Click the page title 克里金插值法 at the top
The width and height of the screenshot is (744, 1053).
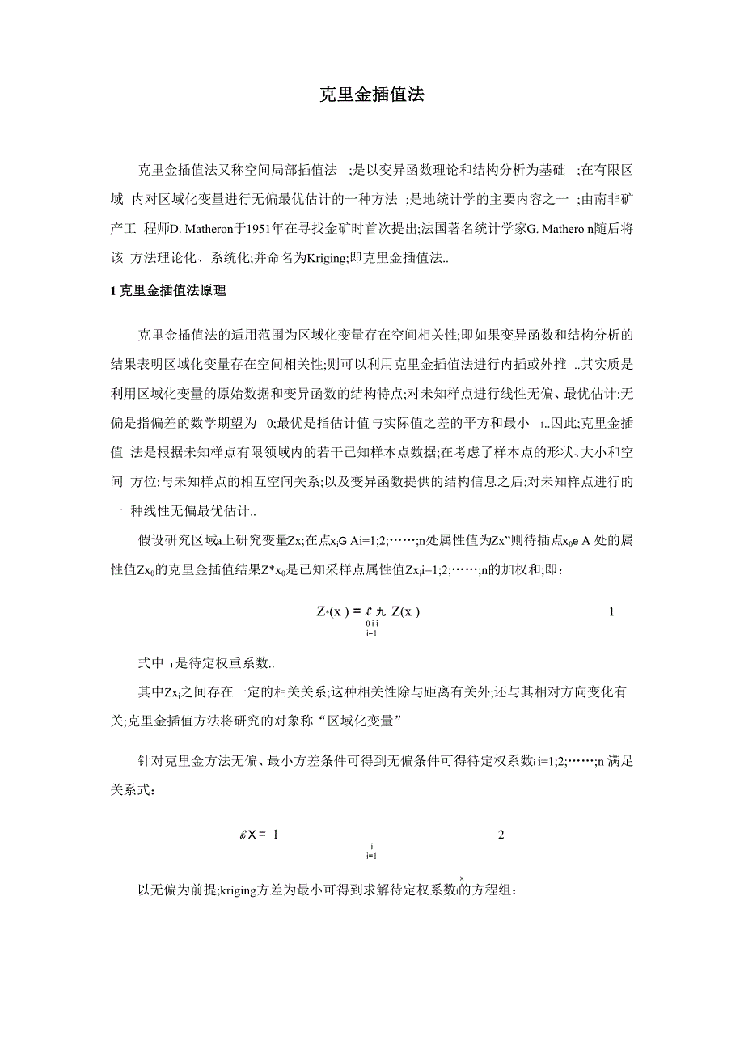(x=372, y=95)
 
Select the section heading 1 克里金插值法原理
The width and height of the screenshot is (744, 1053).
(x=168, y=291)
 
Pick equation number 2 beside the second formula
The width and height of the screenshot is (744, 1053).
(x=501, y=835)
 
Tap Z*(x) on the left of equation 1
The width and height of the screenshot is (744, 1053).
(x=333, y=612)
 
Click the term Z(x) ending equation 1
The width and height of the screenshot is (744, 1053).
(x=405, y=612)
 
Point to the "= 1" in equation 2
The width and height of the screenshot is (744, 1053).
(x=270, y=835)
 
